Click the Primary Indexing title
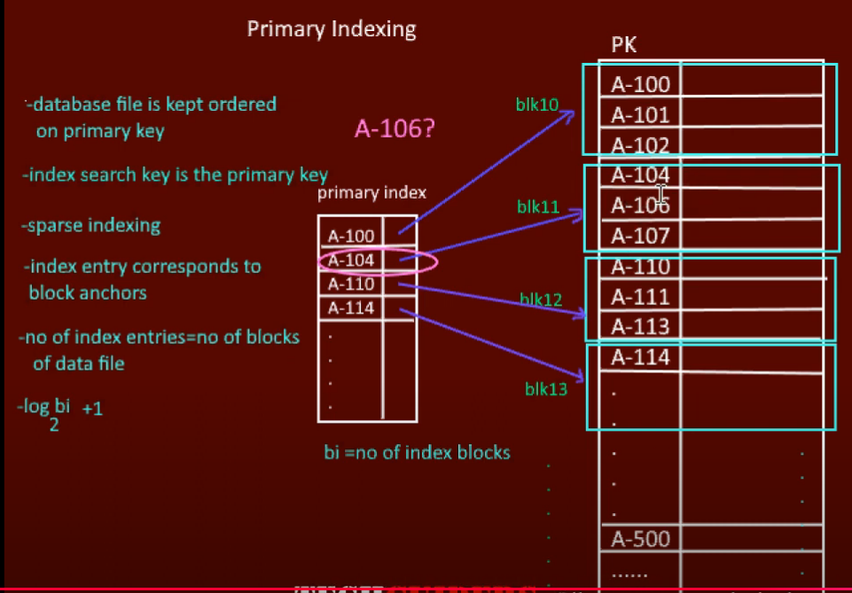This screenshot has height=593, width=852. pos(331,29)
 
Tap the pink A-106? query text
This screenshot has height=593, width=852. pos(394,129)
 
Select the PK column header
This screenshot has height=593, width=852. pos(624,45)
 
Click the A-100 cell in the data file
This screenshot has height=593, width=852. pos(640,85)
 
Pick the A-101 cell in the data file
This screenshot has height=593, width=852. pos(640,115)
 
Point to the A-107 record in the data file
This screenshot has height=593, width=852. pos(640,236)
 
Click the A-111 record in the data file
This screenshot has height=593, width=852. pos(640,296)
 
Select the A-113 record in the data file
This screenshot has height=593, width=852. pos(640,326)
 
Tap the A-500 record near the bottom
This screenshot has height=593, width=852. pos(640,539)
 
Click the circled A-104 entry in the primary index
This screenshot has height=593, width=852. pos(351,261)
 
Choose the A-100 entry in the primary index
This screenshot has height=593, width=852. pos(351,237)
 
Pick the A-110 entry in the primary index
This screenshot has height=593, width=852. pos(351,285)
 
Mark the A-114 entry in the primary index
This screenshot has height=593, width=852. pos(351,308)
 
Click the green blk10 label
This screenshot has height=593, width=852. pos(537,105)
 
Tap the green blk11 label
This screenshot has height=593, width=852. pos(538,207)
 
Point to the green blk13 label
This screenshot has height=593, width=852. pos(545,388)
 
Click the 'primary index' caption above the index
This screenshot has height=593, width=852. pos(371,192)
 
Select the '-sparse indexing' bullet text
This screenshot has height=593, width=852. pos(91,225)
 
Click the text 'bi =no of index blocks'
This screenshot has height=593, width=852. pos(417,453)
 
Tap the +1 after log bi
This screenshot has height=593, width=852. pos(92,410)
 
